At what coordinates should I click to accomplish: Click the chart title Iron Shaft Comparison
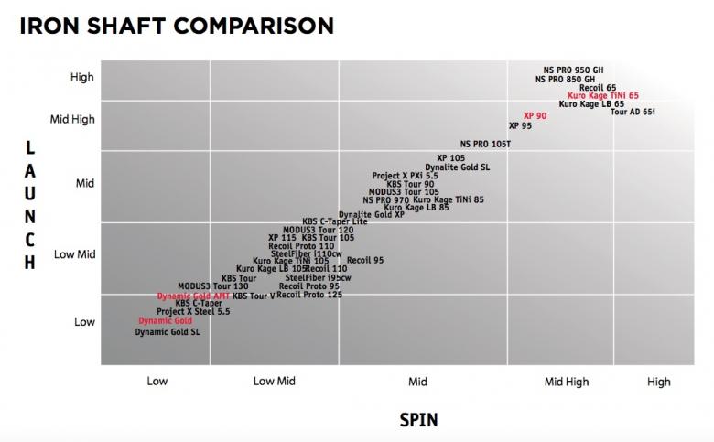pyautogui.click(x=176, y=24)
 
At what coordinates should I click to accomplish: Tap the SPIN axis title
pyautogui.click(x=418, y=420)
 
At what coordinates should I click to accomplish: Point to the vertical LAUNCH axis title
pyautogui.click(x=30, y=206)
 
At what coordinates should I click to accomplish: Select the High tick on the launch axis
pyautogui.click(x=82, y=78)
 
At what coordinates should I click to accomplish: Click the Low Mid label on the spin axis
pyautogui.click(x=274, y=382)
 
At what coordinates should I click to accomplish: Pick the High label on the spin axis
pyautogui.click(x=658, y=382)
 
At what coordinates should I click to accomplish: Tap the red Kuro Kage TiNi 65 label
pyautogui.click(x=602, y=95)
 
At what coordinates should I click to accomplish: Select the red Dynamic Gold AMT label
pyautogui.click(x=192, y=296)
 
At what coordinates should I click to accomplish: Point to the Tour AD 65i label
pyautogui.click(x=633, y=112)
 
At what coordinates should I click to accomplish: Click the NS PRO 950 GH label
pyautogui.click(x=574, y=70)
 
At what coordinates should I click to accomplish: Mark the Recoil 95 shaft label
pyautogui.click(x=365, y=261)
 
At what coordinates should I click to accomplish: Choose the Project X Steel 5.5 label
pyautogui.click(x=193, y=312)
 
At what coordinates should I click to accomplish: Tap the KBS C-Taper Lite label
pyautogui.click(x=334, y=221)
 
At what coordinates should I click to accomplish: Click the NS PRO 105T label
pyautogui.click(x=485, y=144)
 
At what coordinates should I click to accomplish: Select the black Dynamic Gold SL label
pyautogui.click(x=168, y=331)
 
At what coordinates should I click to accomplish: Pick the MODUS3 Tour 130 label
pyautogui.click(x=212, y=286)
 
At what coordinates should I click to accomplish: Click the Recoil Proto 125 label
pyautogui.click(x=309, y=295)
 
